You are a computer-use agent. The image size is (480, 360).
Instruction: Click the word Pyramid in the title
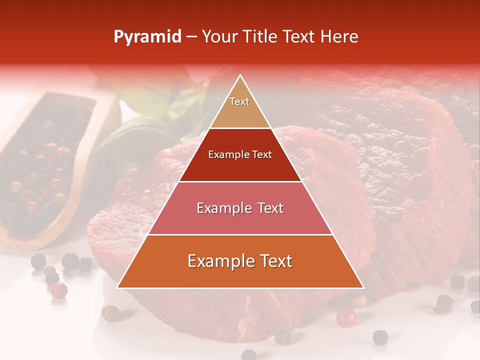(x=147, y=37)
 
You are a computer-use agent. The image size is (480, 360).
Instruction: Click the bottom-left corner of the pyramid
(x=117, y=288)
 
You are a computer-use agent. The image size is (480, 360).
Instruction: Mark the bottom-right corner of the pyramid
(x=363, y=288)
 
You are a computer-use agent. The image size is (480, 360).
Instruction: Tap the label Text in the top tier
(x=239, y=101)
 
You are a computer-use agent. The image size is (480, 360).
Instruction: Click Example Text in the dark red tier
(x=240, y=154)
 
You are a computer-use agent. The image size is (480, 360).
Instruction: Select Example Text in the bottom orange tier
(x=240, y=261)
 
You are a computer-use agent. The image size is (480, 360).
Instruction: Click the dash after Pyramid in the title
(x=191, y=37)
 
